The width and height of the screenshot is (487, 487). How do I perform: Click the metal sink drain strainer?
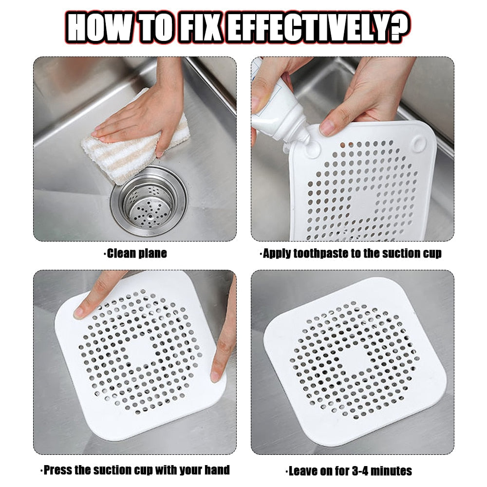[x=149, y=200]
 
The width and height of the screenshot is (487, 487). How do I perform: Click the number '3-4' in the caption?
[x=360, y=471]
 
